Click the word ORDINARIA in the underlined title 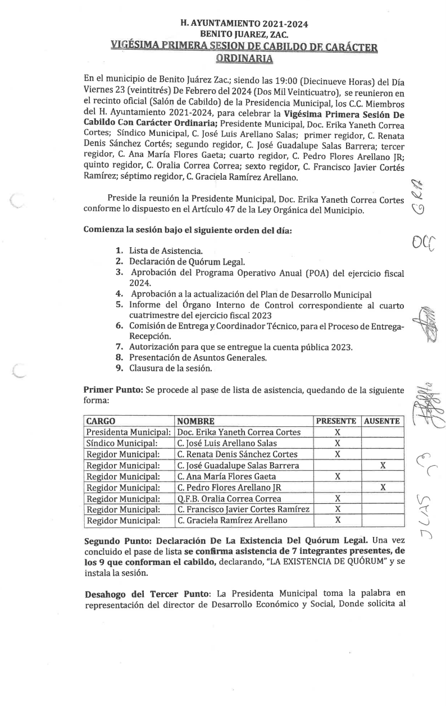click(x=244, y=58)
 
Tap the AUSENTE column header click(x=382, y=421)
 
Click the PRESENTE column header click(x=336, y=421)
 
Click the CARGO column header click(x=101, y=421)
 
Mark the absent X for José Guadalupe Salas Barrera click(x=383, y=466)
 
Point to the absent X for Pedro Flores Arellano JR click(x=383, y=488)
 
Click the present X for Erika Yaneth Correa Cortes click(x=338, y=432)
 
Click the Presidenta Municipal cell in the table click(x=128, y=432)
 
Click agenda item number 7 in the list click(x=119, y=347)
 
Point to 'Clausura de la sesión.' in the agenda click(x=171, y=368)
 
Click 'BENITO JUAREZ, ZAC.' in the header click(x=244, y=35)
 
